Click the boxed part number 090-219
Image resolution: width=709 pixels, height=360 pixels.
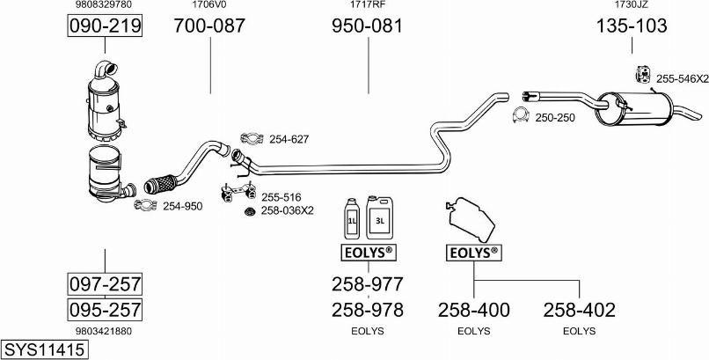[105, 27]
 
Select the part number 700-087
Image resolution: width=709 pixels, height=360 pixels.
[209, 27]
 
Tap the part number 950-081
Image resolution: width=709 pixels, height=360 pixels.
[367, 27]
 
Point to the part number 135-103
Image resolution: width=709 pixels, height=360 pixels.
[632, 27]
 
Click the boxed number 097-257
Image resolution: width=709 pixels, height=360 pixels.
[105, 284]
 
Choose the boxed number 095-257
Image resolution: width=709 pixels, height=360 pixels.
[105, 310]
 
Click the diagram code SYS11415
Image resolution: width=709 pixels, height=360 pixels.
[44, 349]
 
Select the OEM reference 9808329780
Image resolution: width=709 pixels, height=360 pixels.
[105, 5]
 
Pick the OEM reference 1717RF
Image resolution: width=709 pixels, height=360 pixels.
[367, 5]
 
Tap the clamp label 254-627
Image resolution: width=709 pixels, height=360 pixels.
[289, 139]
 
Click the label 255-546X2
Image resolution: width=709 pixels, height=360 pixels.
[681, 79]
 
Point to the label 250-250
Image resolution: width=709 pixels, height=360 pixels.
[554, 117]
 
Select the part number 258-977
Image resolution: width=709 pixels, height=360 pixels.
[367, 284]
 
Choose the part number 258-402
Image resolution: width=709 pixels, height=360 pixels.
[579, 310]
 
